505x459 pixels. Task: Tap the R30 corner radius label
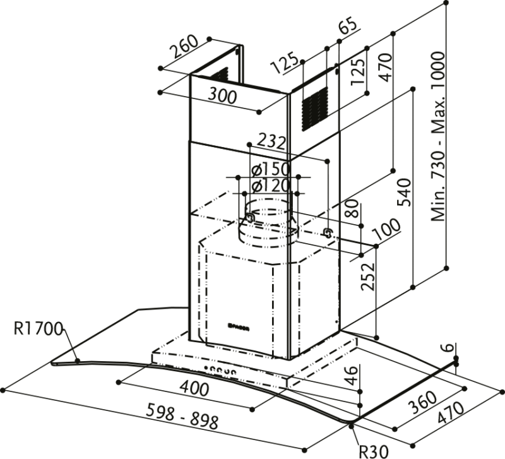click(x=372, y=450)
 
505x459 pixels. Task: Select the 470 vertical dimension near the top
click(x=385, y=71)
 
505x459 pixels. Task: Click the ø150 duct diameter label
click(x=270, y=170)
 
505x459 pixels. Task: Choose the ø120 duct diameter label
click(x=270, y=186)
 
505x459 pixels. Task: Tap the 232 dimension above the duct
click(x=273, y=143)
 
